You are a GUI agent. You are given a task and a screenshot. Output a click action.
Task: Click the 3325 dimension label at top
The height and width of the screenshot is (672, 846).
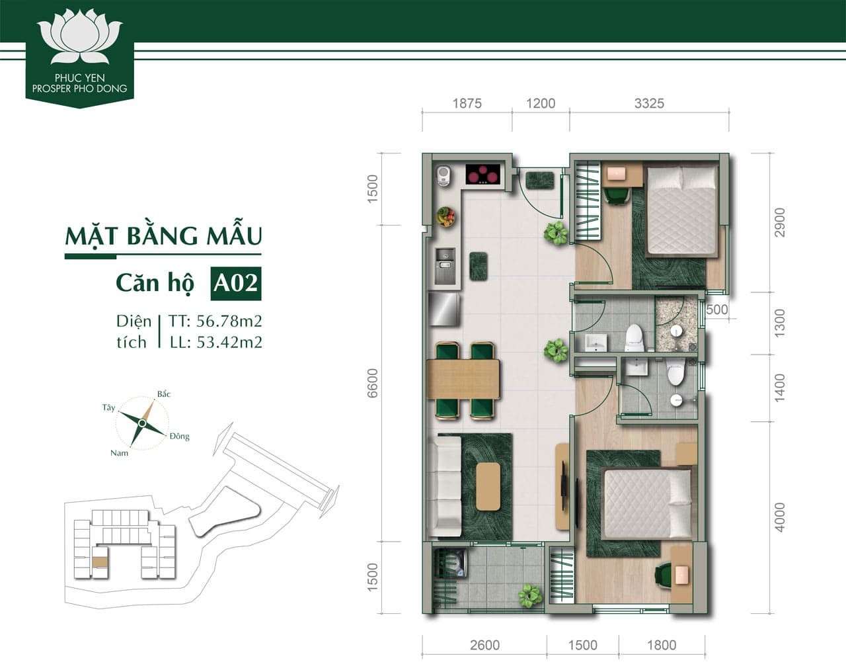[648, 103]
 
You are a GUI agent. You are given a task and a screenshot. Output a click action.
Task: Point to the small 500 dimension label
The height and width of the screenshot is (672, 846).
[716, 310]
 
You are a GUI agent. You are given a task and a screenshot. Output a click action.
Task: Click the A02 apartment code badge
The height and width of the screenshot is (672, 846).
[235, 282]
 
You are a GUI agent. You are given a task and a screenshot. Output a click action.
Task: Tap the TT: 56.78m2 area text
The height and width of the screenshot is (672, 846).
[215, 321]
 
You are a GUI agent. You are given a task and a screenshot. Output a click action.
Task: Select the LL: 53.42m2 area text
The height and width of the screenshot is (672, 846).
[215, 342]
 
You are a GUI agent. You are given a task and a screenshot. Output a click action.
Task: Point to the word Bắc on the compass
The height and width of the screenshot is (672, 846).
[164, 394]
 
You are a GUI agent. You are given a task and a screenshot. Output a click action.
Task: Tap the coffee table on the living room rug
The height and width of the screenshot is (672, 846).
[488, 486]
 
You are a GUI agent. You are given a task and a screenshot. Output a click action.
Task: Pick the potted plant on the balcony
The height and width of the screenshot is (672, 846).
[529, 595]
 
